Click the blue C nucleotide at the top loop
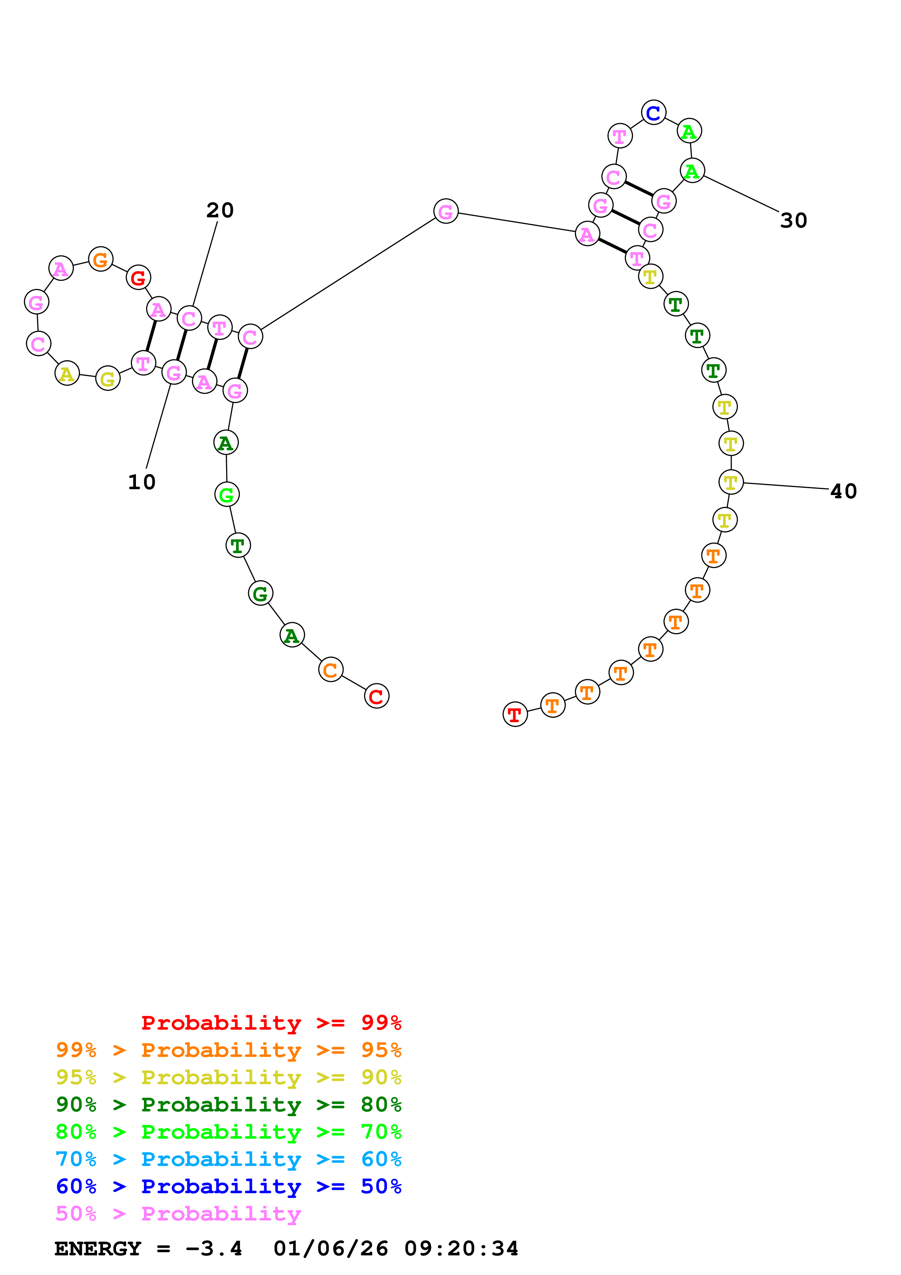coord(653,113)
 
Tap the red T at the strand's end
coord(515,714)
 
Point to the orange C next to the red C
coord(330,670)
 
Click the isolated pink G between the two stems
coord(446,211)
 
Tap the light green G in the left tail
coord(226,494)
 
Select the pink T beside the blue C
coord(620,136)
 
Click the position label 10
coord(141,482)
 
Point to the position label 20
coord(220,210)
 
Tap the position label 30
coord(793,221)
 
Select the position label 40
coord(843,491)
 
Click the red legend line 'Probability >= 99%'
coord(271,1022)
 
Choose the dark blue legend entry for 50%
coord(229,1186)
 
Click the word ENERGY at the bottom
coord(98,1248)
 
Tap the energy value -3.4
coord(214,1248)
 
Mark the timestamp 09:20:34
coord(461,1248)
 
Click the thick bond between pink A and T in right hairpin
coord(612,246)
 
